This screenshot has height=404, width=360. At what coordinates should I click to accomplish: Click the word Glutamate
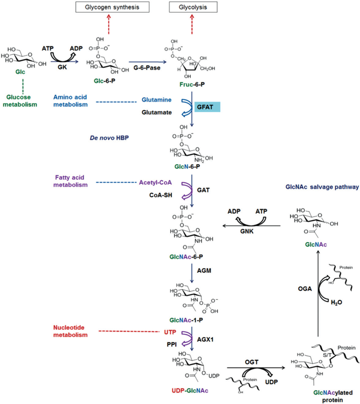[156, 113]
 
